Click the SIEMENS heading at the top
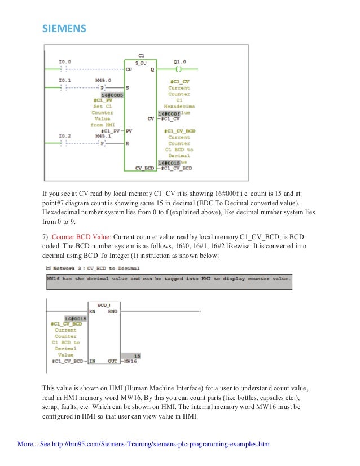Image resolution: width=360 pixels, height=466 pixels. [64, 28]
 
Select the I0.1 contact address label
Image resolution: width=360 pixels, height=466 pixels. [64, 80]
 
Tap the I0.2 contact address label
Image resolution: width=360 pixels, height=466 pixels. [64, 136]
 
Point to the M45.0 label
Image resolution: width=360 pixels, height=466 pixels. [103, 80]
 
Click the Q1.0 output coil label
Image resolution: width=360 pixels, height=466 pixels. [179, 61]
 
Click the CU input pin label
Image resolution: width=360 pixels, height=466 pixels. [129, 69]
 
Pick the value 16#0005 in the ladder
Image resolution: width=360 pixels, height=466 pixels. [112, 95]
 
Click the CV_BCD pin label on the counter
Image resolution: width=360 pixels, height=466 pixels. [146, 168]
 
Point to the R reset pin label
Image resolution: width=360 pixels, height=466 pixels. [128, 144]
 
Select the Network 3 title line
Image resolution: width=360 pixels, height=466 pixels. [93, 269]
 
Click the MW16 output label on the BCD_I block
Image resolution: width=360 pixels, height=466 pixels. [130, 361]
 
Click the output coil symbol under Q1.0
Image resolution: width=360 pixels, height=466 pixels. [179, 69]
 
